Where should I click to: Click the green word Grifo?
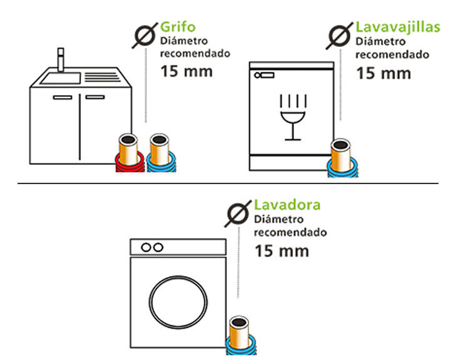(x=178, y=27)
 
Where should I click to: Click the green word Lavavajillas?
(x=398, y=28)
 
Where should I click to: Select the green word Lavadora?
(x=287, y=205)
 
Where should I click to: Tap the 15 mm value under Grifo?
(x=186, y=71)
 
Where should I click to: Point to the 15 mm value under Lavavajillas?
(x=384, y=73)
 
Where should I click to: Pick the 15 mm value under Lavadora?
(x=282, y=251)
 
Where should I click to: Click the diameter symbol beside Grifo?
(x=145, y=36)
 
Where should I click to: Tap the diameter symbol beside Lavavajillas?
(x=339, y=36)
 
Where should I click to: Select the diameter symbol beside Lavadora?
(x=238, y=213)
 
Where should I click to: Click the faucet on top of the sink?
(x=61, y=59)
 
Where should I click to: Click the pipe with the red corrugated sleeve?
(x=129, y=153)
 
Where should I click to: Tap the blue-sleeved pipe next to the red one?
(x=160, y=153)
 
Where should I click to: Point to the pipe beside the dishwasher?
(x=342, y=158)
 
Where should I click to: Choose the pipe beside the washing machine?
(x=240, y=335)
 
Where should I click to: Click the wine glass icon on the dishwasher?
(x=293, y=117)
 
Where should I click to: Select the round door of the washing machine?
(x=178, y=302)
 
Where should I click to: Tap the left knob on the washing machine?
(x=146, y=248)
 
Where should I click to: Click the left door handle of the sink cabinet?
(x=63, y=98)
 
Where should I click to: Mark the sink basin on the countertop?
(x=61, y=78)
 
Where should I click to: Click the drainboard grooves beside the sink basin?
(x=102, y=77)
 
